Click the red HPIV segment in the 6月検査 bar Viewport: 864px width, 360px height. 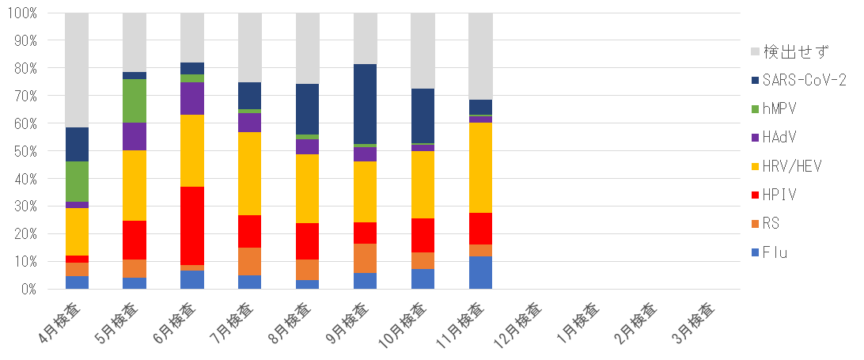pyautogui.click(x=192, y=225)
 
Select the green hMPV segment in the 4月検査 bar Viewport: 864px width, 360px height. pyautogui.click(x=77, y=181)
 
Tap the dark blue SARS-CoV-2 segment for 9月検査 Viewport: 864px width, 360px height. pyautogui.click(x=366, y=104)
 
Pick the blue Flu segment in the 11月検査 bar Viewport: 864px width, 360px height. pyautogui.click(x=480, y=272)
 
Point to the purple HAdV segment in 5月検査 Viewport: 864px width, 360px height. pyautogui.click(x=135, y=136)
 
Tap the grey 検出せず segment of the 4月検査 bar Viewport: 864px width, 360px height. pyautogui.click(x=77, y=70)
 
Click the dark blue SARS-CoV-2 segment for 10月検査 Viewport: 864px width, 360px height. pyautogui.click(x=423, y=116)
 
